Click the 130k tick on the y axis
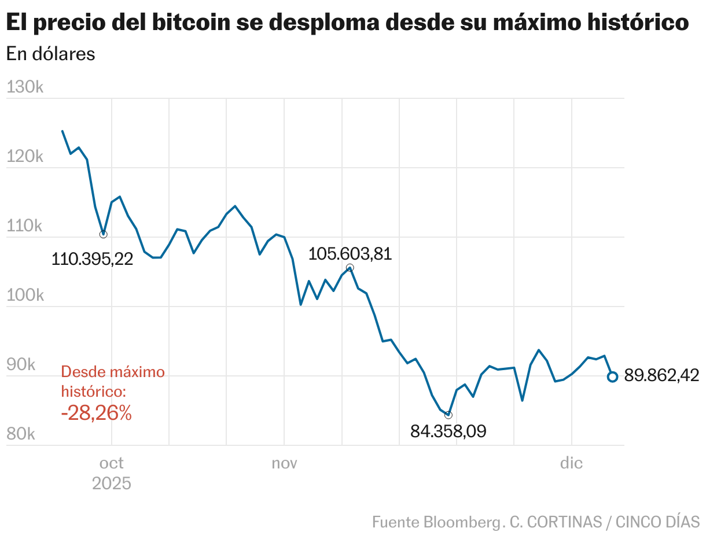[25, 87]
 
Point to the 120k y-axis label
[25, 157]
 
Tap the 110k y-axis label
[25, 226]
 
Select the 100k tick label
[25, 296]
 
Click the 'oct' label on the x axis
[111, 463]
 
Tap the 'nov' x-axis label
[284, 463]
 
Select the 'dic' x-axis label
[571, 463]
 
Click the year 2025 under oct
[111, 483]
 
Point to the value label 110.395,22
[93, 259]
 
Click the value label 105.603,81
[350, 254]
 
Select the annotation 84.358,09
[448, 431]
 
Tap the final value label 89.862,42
[661, 376]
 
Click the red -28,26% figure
[97, 413]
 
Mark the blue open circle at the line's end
[612, 376]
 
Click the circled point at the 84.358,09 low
[448, 415]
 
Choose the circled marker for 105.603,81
[350, 268]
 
